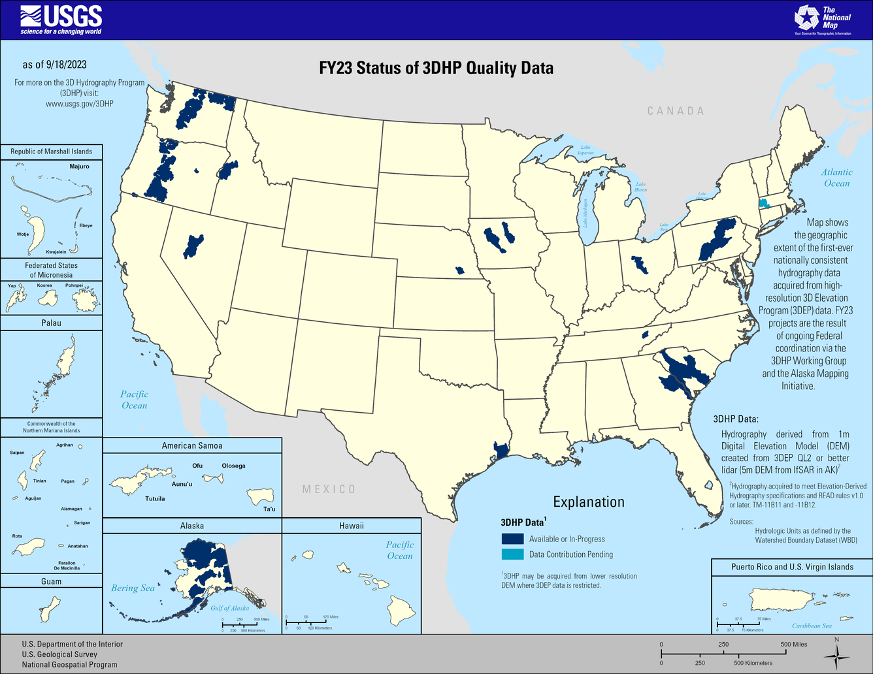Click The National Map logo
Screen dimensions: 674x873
[823, 20]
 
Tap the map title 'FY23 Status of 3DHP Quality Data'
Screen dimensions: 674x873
[436, 68]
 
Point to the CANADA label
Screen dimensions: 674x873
[676, 111]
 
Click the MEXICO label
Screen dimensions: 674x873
[329, 489]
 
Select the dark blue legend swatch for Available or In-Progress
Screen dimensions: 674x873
[512, 539]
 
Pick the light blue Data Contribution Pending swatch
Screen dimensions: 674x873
[512, 554]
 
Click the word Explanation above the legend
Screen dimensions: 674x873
[589, 502]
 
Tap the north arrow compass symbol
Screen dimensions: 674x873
[836, 655]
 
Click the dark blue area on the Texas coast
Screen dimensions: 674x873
[501, 451]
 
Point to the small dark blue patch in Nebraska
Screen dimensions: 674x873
[460, 270]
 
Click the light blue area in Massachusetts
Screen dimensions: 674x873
[763, 203]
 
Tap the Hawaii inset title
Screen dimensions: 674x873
[352, 526]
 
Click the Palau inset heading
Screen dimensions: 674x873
[51, 323]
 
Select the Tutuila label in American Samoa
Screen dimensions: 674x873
[155, 498]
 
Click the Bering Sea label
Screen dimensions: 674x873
[133, 588]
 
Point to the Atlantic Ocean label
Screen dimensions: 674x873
[836, 178]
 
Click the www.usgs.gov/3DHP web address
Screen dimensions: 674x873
[80, 103]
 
